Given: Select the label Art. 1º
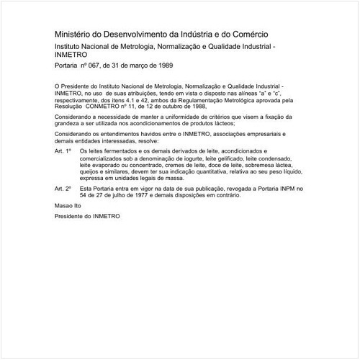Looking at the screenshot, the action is (63, 152).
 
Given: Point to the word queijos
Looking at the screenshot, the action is (91, 171).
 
